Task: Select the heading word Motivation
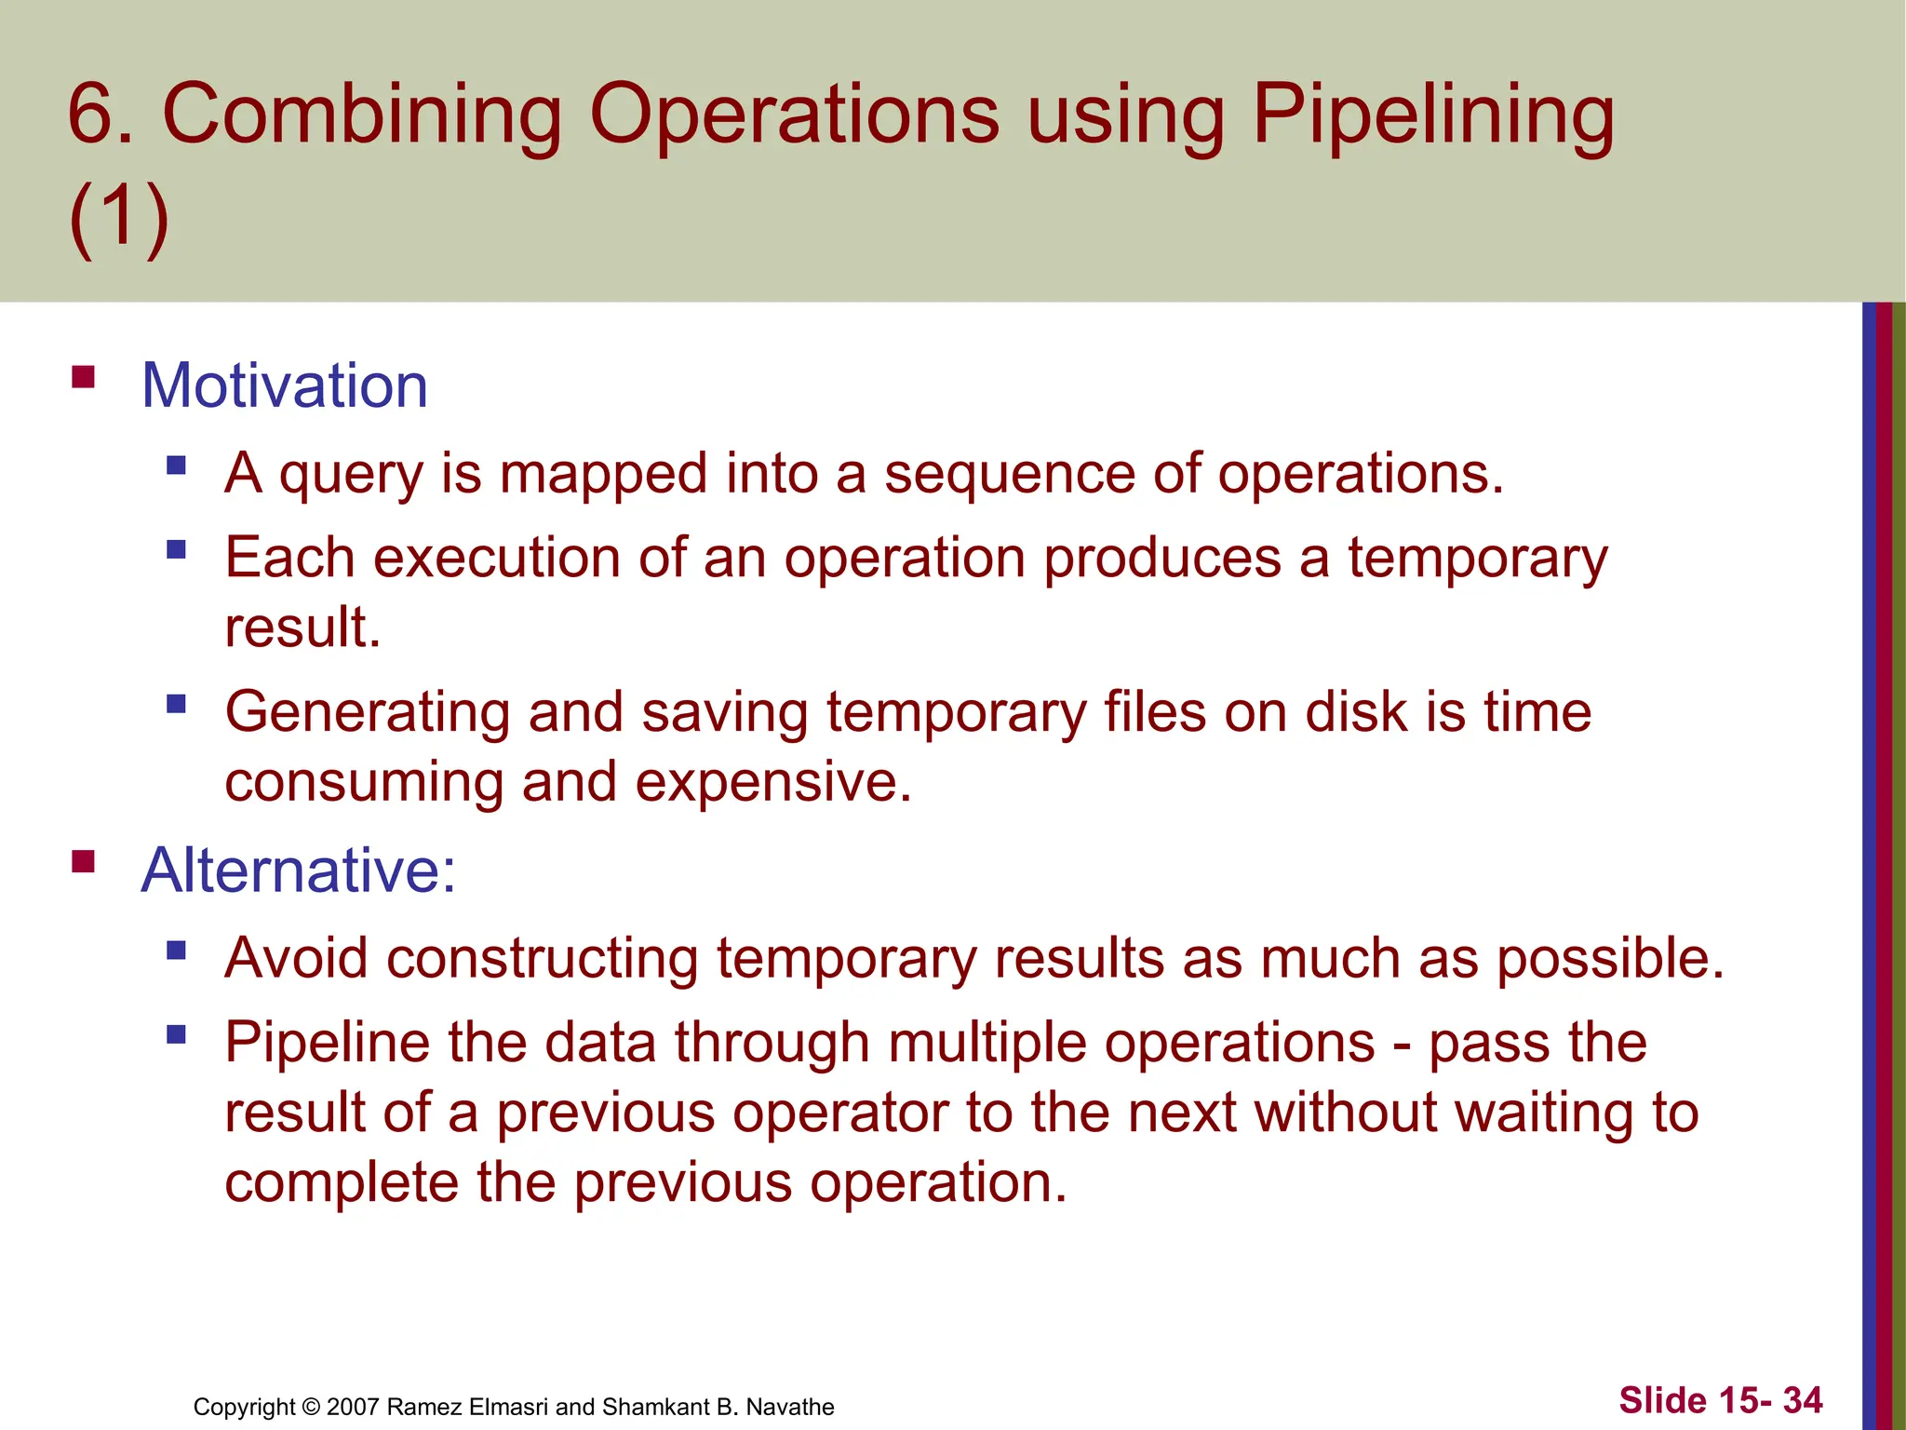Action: (284, 385)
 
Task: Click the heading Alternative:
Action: (298, 870)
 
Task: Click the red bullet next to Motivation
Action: (84, 377)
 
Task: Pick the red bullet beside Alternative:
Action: (84, 862)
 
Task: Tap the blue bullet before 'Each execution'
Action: (177, 549)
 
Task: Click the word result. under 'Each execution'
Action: (302, 627)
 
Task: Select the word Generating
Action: (368, 713)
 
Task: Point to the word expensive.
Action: (772, 782)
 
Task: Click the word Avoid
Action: (296, 959)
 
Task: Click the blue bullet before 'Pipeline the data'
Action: (177, 1034)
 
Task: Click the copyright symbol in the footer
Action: (311, 1407)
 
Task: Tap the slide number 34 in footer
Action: (1802, 1400)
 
